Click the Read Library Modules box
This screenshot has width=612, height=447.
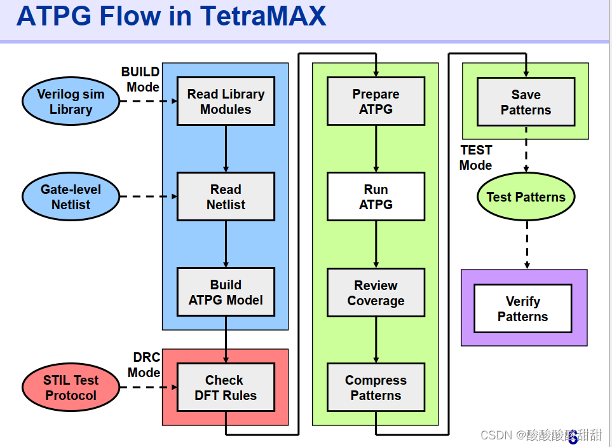pyautogui.click(x=226, y=102)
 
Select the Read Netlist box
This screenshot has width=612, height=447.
pyautogui.click(x=226, y=197)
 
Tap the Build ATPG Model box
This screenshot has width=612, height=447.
pyautogui.click(x=226, y=292)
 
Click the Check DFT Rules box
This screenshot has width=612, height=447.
pyautogui.click(x=226, y=388)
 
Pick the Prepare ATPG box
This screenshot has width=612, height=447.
pyautogui.click(x=376, y=102)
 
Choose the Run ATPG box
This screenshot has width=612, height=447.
pyautogui.click(x=376, y=197)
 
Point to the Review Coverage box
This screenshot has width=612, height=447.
pyautogui.click(x=376, y=293)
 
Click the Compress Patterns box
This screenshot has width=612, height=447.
pyautogui.click(x=376, y=388)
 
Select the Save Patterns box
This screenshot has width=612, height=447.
pyautogui.click(x=526, y=102)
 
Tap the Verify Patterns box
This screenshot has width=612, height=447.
pyautogui.click(x=522, y=309)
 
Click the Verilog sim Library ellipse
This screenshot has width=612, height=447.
pyautogui.click(x=71, y=102)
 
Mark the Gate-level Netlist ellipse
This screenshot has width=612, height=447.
pyautogui.click(x=71, y=197)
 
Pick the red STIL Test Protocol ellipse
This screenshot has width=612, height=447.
pyautogui.click(x=71, y=388)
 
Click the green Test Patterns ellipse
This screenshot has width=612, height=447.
pyautogui.click(x=526, y=197)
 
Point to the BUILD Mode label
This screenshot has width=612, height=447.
pyautogui.click(x=141, y=79)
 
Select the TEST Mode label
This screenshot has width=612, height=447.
pyautogui.click(x=476, y=158)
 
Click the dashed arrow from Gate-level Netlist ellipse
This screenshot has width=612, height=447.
pyautogui.click(x=148, y=196)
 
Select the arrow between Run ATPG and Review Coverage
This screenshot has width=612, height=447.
pyautogui.click(x=376, y=244)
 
